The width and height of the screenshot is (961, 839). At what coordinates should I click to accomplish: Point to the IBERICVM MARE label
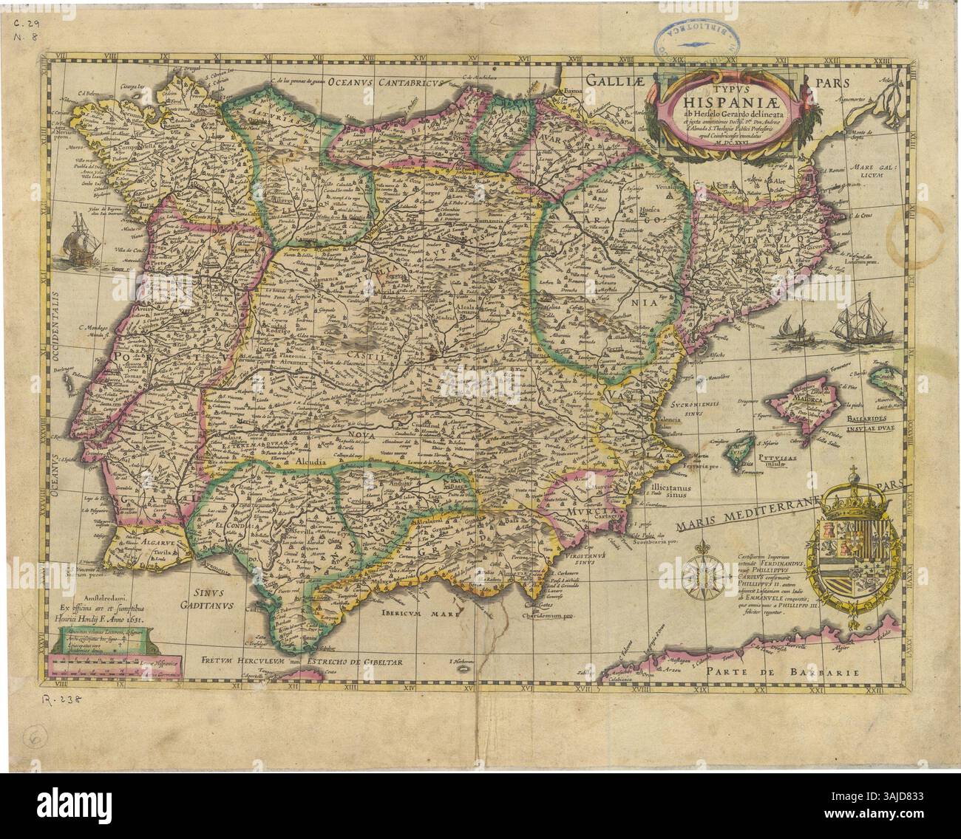pyautogui.click(x=418, y=612)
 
